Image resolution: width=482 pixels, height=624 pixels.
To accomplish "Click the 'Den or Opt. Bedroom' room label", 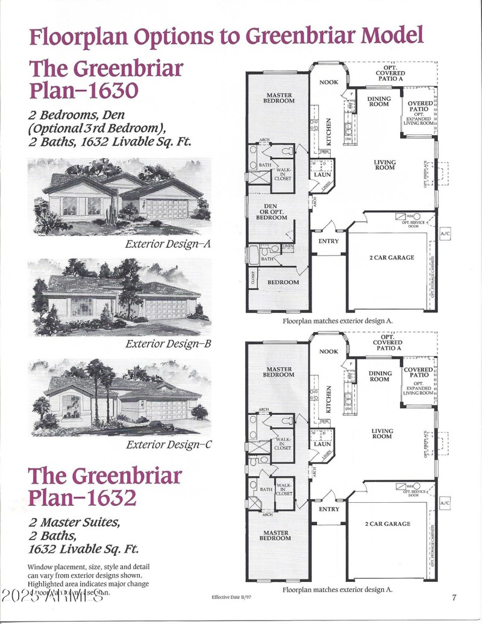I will click(x=272, y=212).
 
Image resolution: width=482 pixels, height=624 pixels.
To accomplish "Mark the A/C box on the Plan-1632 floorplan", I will click(x=445, y=503).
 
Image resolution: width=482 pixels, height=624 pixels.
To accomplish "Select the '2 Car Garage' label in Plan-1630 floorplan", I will click(x=392, y=257).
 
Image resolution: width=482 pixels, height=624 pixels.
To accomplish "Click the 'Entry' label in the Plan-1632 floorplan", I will click(x=329, y=509).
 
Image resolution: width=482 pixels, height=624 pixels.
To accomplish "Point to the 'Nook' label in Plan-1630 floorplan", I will click(x=328, y=83).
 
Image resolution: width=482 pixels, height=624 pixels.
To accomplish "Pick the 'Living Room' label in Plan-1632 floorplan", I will click(x=382, y=434).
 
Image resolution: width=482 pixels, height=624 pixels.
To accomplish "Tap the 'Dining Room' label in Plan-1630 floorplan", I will click(x=380, y=101).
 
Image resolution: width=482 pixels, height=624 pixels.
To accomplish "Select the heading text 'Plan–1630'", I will click(x=84, y=90).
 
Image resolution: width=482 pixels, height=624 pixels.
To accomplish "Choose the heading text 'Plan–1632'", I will click(x=83, y=498).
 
